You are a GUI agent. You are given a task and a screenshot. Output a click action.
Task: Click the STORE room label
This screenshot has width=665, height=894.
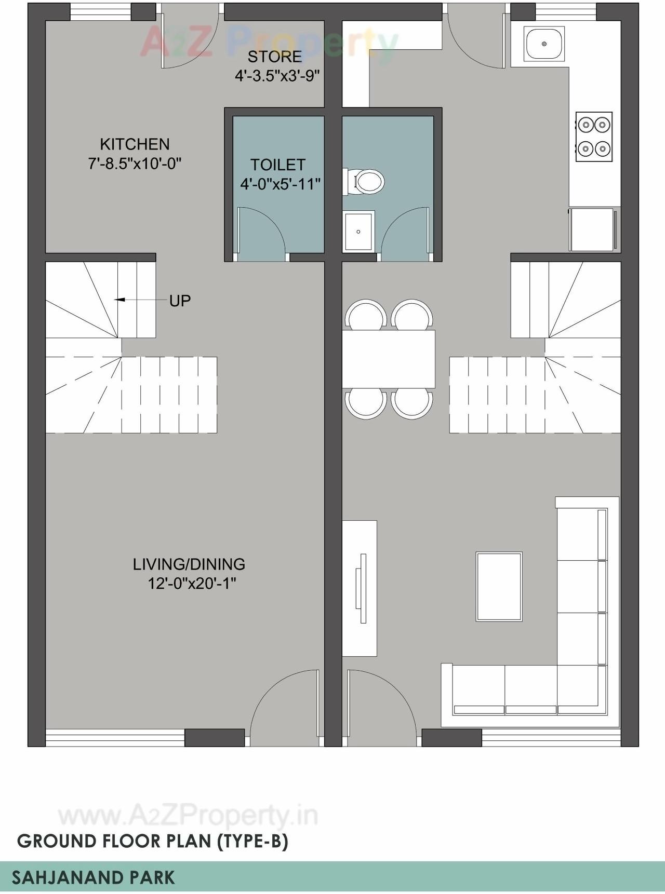click(x=274, y=56)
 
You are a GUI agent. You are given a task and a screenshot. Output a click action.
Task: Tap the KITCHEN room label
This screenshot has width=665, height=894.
click(x=135, y=144)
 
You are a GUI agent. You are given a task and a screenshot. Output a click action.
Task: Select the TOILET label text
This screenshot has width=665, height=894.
click(x=277, y=165)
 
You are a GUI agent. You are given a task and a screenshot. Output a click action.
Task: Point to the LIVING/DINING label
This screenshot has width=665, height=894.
click(x=189, y=564)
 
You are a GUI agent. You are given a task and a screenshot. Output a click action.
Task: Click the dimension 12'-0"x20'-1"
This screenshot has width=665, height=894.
click(x=192, y=584)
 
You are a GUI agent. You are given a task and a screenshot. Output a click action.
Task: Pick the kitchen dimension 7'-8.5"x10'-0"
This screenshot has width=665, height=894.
click(x=135, y=164)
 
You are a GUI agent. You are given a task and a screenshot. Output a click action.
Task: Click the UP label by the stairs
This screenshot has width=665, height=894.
click(x=180, y=301)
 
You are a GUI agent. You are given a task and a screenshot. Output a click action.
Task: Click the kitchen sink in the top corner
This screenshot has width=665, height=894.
click(x=544, y=44)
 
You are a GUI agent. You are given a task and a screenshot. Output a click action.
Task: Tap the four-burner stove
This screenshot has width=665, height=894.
click(x=594, y=137)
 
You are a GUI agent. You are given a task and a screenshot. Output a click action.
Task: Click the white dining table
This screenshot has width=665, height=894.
click(x=388, y=359)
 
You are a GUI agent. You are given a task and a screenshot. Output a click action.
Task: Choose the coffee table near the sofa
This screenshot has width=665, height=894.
click(x=499, y=587)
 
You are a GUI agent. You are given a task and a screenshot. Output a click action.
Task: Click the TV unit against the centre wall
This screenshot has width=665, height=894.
click(x=360, y=588)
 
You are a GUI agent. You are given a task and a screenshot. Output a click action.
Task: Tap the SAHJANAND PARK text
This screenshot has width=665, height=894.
click(x=93, y=877)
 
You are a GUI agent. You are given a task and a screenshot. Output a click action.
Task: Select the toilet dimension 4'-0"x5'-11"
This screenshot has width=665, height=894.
click(x=280, y=184)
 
